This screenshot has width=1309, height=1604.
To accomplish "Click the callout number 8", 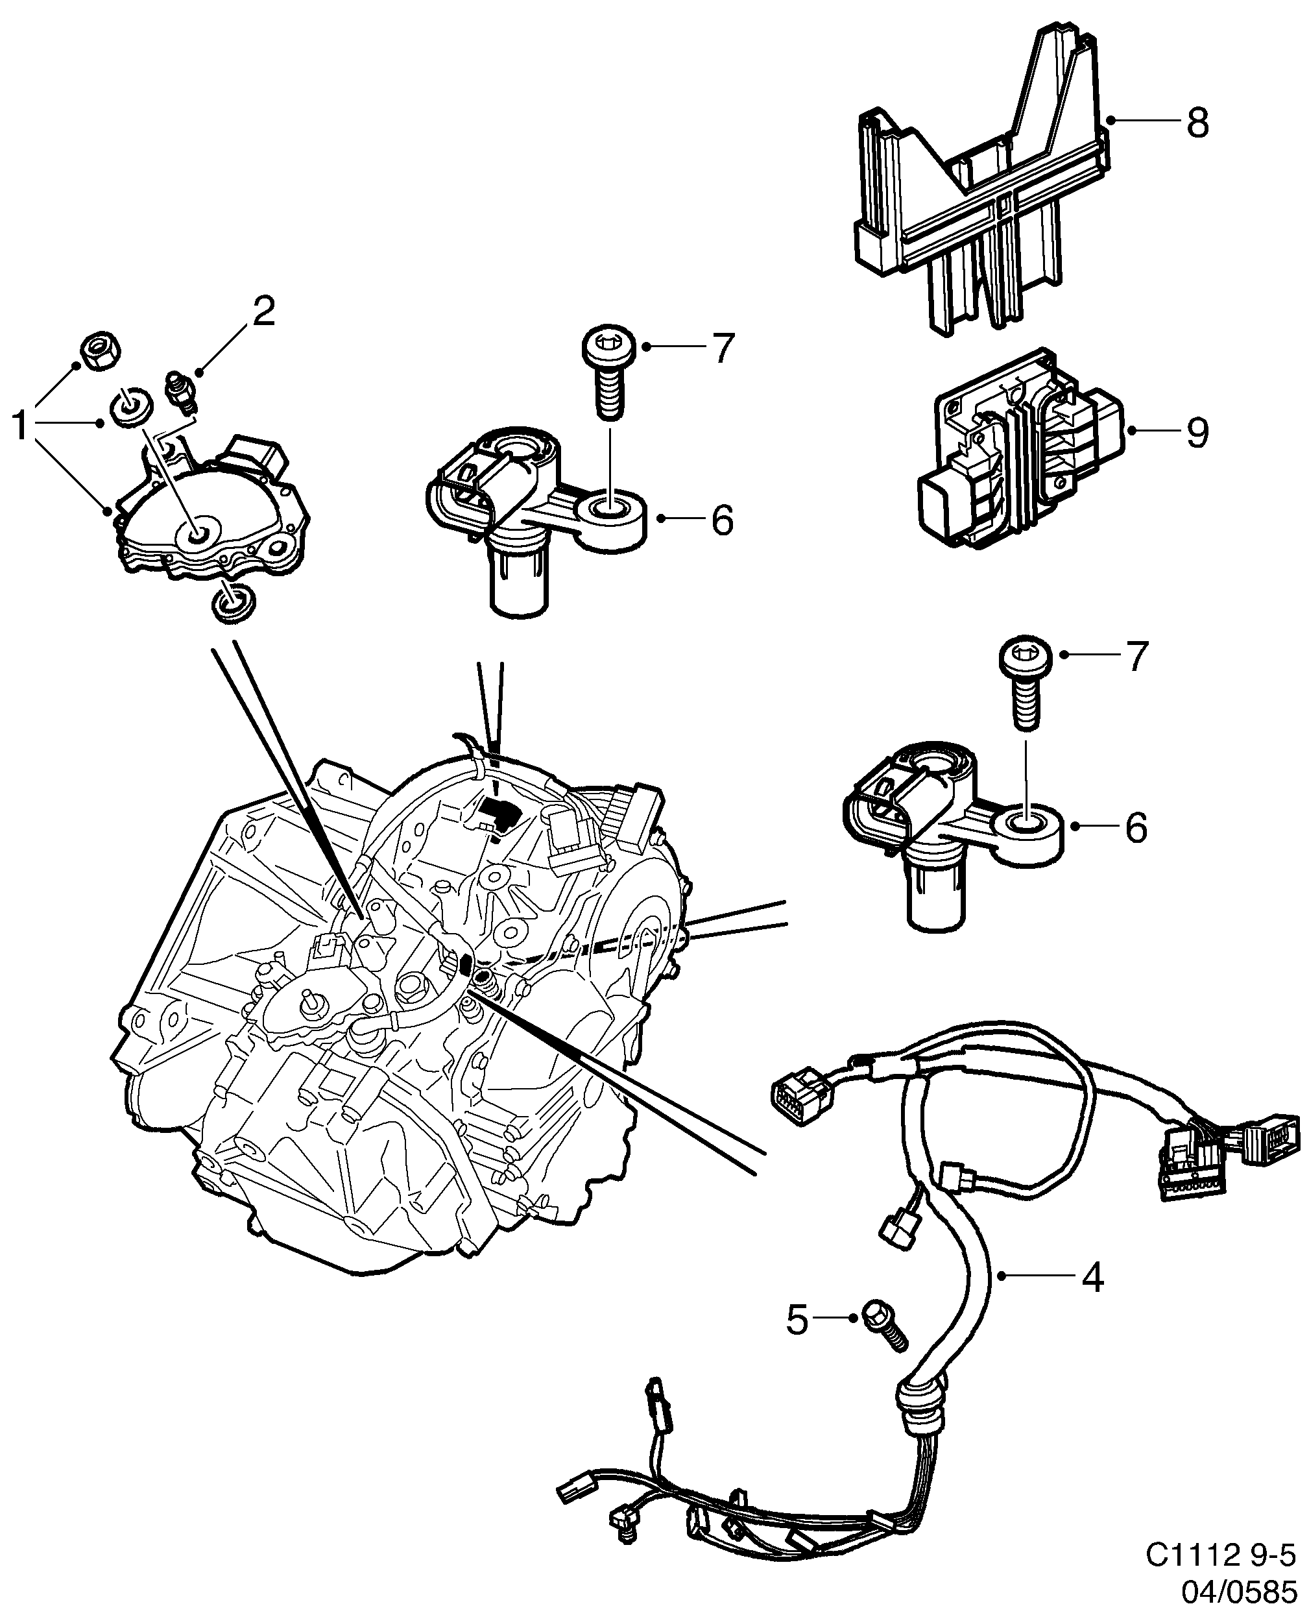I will [1197, 122].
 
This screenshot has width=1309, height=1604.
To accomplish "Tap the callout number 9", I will [1197, 432].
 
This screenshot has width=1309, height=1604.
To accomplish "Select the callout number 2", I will [263, 311].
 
